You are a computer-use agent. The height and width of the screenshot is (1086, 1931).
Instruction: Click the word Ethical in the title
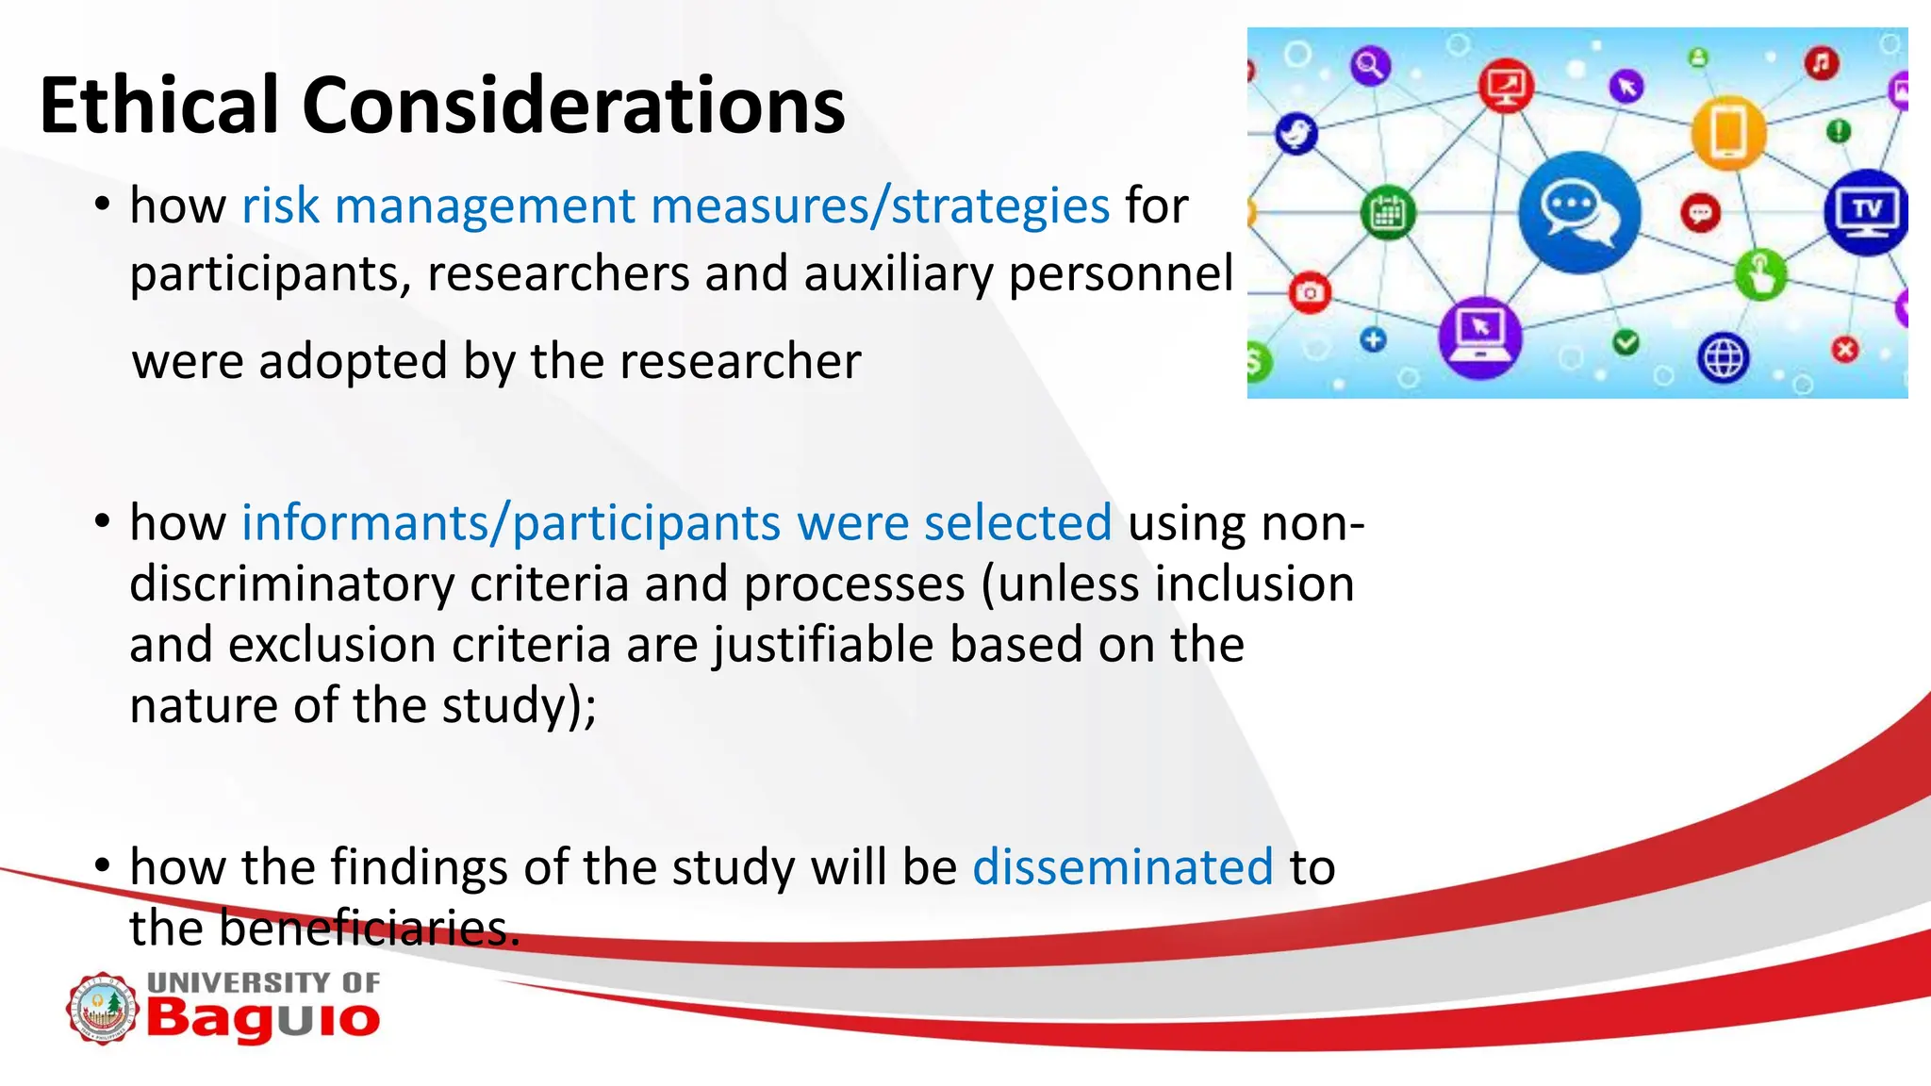pos(158,106)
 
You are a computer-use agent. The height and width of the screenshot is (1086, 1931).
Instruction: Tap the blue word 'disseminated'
pos(1122,866)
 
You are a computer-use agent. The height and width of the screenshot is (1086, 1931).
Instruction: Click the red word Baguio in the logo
pos(263,1019)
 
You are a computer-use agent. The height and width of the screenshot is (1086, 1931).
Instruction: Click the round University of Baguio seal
pos(102,1009)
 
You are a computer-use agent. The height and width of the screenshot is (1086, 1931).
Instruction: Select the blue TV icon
pos(1867,212)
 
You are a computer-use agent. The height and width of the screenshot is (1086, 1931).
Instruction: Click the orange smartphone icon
pos(1727,132)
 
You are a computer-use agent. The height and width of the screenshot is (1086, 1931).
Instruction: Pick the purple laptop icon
pos(1479,336)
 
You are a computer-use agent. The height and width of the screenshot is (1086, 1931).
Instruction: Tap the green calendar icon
pos(1387,213)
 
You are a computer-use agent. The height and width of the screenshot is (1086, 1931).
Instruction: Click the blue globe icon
pos(1723,358)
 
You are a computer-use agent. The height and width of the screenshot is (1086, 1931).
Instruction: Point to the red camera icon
pos(1309,293)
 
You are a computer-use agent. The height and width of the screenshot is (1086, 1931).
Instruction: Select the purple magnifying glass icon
pos(1370,66)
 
